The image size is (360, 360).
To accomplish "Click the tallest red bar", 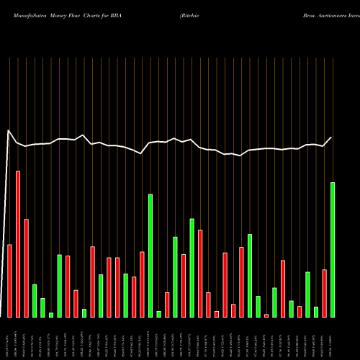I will [18, 244].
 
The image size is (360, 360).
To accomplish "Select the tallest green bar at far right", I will [333, 250].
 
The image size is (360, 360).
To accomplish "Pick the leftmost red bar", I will [10, 281].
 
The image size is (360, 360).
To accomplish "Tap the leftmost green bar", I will [35, 301].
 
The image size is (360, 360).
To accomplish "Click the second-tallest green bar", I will [150, 256].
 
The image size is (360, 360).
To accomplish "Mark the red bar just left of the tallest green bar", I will [324, 293].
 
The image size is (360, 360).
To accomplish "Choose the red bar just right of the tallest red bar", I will [27, 268].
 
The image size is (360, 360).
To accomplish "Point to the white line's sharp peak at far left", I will [8, 130].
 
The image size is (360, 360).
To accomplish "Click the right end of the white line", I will [332, 137].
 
